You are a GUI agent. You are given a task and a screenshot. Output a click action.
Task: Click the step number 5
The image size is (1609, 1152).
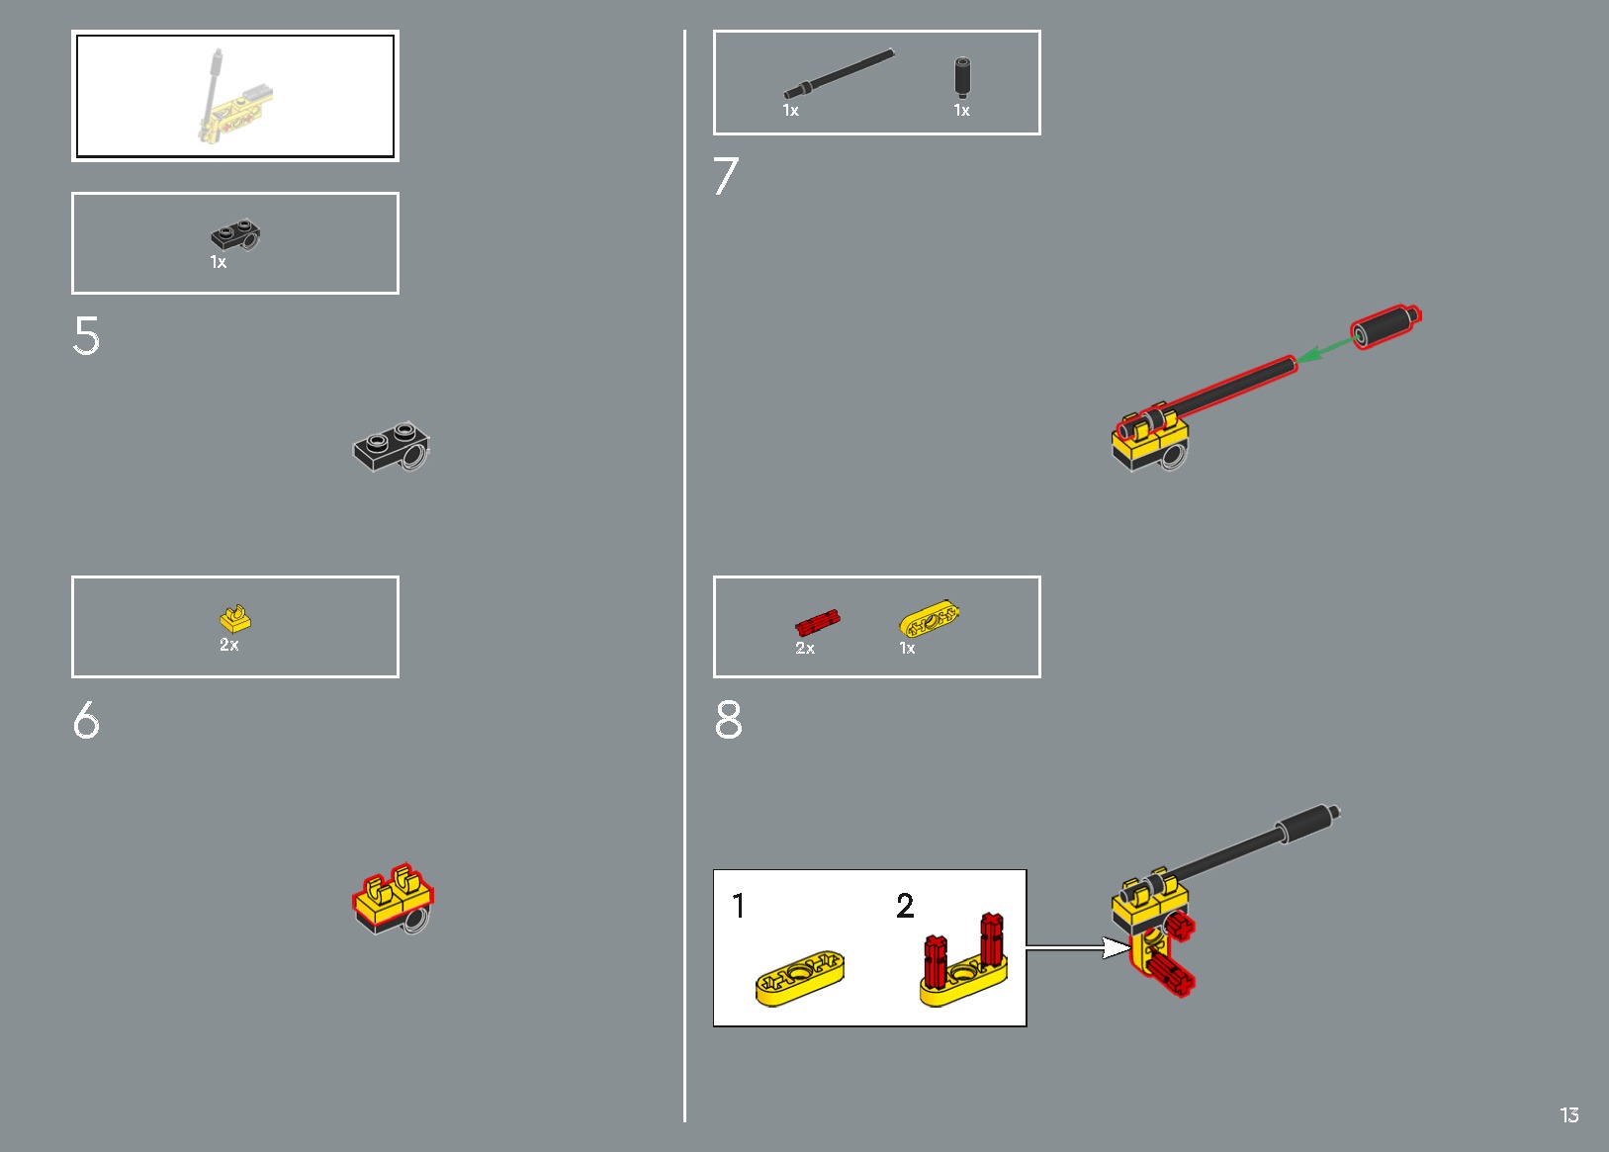coord(86,335)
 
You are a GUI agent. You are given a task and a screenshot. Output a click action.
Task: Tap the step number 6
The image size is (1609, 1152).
coord(86,719)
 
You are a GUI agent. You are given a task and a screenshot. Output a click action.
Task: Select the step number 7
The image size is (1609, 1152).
coord(726,176)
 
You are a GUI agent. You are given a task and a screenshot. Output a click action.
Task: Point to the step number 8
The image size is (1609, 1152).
coord(729,719)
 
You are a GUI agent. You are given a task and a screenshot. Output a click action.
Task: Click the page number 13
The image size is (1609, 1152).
coord(1569,1114)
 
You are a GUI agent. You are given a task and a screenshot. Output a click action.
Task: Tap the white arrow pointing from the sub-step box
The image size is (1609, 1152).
coord(1079,948)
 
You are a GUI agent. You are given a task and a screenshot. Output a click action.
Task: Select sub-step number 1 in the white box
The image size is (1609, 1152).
coord(739,906)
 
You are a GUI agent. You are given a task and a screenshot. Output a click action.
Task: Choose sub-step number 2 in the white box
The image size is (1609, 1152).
coord(905,906)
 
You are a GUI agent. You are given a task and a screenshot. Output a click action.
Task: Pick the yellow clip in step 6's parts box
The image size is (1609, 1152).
coord(235,618)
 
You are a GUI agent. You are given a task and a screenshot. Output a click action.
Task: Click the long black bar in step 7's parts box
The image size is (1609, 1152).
coord(839,73)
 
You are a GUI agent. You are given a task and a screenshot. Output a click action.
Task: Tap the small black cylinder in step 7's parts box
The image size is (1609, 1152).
coord(962,77)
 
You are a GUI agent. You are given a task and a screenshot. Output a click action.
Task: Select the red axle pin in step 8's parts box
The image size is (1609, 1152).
coord(818,622)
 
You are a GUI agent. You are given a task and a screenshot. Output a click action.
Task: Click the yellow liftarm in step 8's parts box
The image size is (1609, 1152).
coord(929,618)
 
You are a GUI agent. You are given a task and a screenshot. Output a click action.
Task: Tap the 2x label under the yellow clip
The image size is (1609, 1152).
coord(229,645)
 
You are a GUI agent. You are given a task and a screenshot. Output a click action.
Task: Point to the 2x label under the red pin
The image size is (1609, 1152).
coord(805,648)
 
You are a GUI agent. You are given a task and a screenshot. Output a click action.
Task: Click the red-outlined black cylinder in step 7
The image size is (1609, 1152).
coord(1386,326)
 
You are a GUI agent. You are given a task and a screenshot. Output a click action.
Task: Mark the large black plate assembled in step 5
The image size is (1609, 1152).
coord(392,447)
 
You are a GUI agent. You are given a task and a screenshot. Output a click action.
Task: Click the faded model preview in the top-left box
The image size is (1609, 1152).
coord(235,96)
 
